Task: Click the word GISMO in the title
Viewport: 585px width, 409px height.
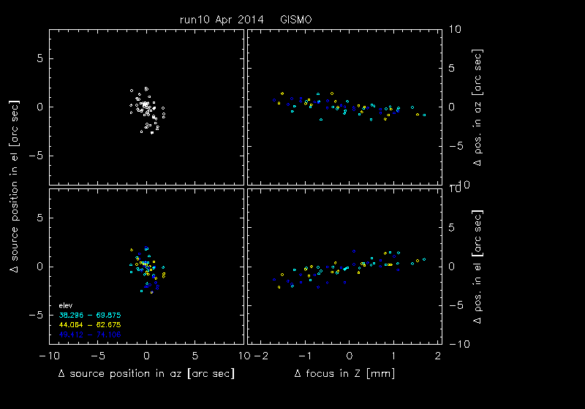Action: tap(295, 20)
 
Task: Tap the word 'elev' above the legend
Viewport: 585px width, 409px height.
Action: tap(65, 305)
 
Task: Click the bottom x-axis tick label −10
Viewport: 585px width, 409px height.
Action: tap(48, 356)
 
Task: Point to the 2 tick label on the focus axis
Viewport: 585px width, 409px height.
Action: tap(437, 356)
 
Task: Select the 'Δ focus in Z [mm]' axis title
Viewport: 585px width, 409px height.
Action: tap(343, 374)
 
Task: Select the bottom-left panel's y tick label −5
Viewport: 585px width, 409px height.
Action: tap(39, 315)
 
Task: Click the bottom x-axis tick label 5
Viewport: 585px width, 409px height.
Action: tap(195, 356)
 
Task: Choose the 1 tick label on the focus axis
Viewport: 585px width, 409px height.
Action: tap(393, 356)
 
